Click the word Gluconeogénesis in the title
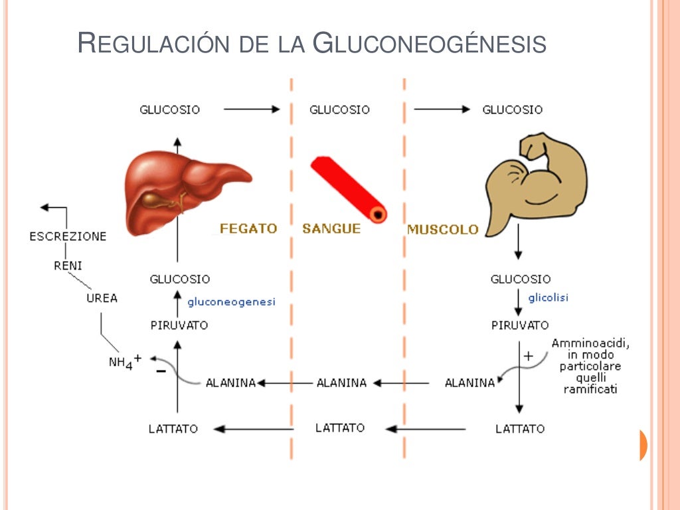pyautogui.click(x=429, y=44)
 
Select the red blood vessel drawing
pyautogui.click(x=349, y=189)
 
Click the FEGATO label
pyautogui.click(x=248, y=228)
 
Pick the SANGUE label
pyautogui.click(x=331, y=228)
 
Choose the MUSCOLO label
pyautogui.click(x=442, y=229)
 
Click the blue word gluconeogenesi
pyautogui.click(x=231, y=301)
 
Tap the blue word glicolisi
pyautogui.click(x=549, y=297)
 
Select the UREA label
pyautogui.click(x=102, y=298)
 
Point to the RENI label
pyautogui.click(x=68, y=266)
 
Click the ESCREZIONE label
pyautogui.click(x=68, y=236)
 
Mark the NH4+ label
pyautogui.click(x=125, y=362)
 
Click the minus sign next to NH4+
pyautogui.click(x=161, y=371)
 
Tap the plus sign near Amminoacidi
pyautogui.click(x=529, y=356)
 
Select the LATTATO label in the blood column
pyautogui.click(x=340, y=428)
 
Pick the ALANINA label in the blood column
pyautogui.click(x=341, y=382)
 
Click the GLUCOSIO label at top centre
pyautogui.click(x=339, y=110)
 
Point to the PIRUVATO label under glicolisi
pyautogui.click(x=520, y=325)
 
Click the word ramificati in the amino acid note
pyautogui.click(x=590, y=389)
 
